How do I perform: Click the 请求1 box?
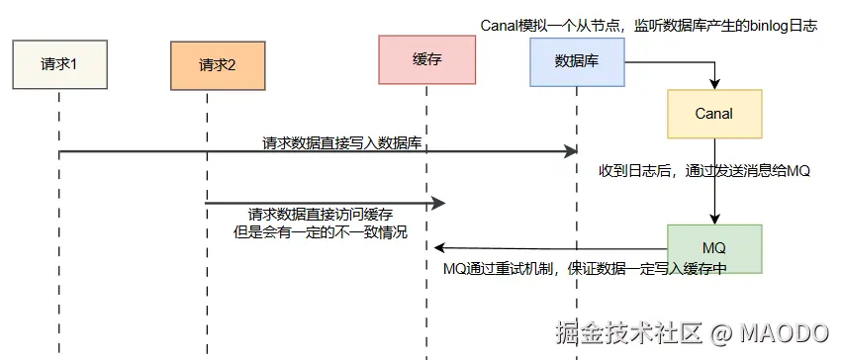58,65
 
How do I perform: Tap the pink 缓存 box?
426,59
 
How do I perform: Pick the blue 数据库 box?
576,59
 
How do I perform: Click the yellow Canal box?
713,113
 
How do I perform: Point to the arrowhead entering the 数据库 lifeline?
571,151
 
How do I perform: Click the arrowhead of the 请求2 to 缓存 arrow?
439,203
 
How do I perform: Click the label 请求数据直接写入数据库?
342,142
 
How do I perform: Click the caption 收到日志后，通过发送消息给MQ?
703,170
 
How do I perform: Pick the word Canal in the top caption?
500,26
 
